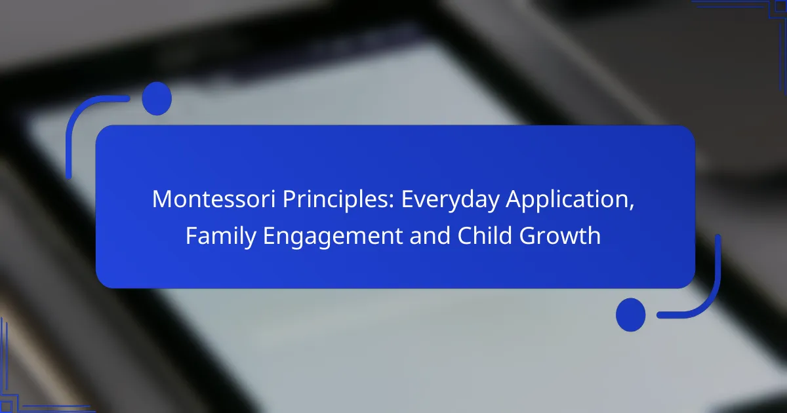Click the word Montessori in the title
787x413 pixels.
pyautogui.click(x=214, y=199)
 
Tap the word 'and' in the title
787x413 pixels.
pyautogui.click(x=430, y=235)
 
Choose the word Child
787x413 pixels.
pyautogui.click(x=485, y=235)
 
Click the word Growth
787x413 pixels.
pyautogui.click(x=560, y=235)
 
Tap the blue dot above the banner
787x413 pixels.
pyautogui.click(x=157, y=99)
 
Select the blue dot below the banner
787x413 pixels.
pyautogui.click(x=631, y=315)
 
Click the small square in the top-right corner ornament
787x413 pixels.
pyautogui.click(x=780, y=7)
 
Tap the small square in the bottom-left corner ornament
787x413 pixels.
pyautogui.click(x=6, y=406)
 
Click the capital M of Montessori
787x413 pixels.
pyautogui.click(x=161, y=199)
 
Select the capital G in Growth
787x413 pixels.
pyautogui.click(x=527, y=235)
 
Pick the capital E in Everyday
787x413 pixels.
pyautogui.click(x=407, y=199)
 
